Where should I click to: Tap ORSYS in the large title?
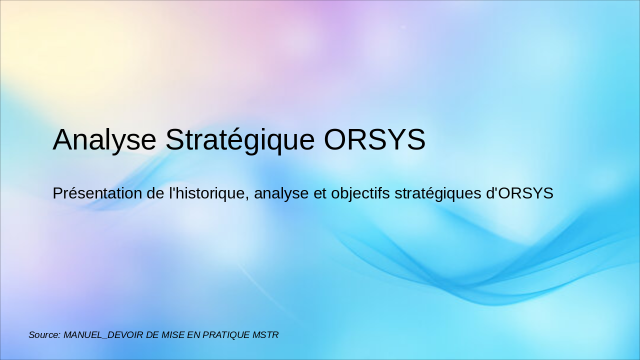tap(374, 139)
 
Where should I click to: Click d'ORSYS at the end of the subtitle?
tap(519, 193)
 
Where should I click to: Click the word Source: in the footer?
tap(44, 335)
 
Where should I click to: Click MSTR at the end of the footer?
tap(266, 335)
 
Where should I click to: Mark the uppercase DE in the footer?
tap(152, 335)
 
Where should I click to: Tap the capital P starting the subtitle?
tap(57, 193)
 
